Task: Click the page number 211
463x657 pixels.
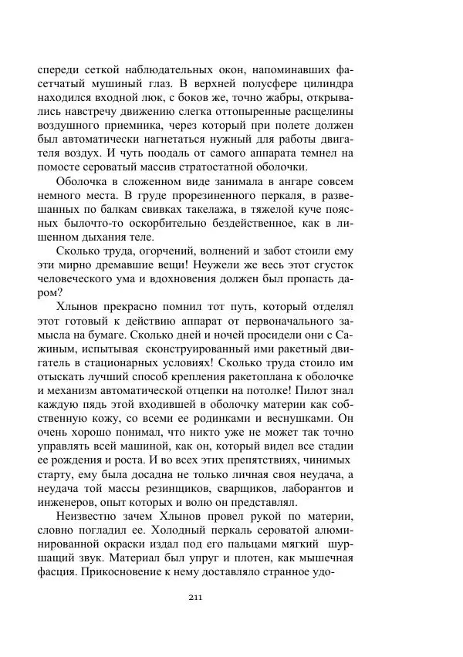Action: (x=195, y=597)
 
